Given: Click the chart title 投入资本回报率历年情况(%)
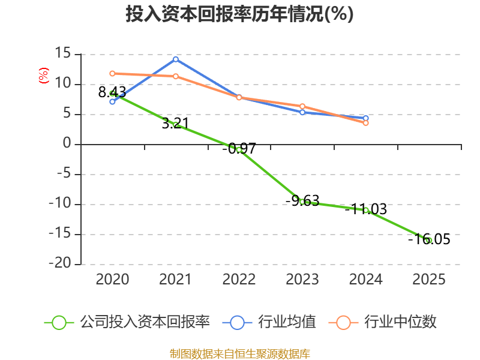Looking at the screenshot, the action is click(x=239, y=14).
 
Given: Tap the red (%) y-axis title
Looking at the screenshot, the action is click(x=43, y=76).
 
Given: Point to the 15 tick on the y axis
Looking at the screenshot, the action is click(x=63, y=53).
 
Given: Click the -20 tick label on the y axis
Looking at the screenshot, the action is click(x=60, y=263).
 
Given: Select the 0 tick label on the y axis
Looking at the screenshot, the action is click(x=67, y=143).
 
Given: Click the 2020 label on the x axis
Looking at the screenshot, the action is click(x=112, y=279).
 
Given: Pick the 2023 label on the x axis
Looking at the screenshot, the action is click(x=302, y=279).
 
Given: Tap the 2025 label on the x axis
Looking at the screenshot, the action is click(x=429, y=279).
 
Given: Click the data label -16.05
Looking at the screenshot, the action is click(x=429, y=239).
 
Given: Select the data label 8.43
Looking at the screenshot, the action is click(x=112, y=92).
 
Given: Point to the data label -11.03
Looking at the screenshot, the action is click(x=366, y=209).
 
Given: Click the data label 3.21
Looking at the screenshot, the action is click(x=175, y=123).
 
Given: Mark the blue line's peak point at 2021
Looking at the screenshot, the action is click(x=176, y=59).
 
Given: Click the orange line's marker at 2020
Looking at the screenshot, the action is click(x=112, y=73).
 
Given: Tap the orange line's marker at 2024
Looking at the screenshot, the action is click(x=366, y=123).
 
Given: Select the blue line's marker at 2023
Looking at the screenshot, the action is click(x=302, y=112).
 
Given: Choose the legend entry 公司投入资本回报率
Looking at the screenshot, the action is click(x=127, y=322).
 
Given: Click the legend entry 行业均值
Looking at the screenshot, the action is click(x=269, y=322).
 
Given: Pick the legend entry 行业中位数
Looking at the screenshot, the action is click(x=383, y=322).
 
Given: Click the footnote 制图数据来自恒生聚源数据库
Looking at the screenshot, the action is click(x=240, y=353).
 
